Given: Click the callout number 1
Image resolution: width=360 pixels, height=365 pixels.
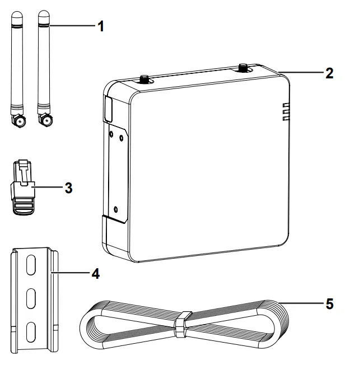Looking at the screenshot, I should tap(101, 26).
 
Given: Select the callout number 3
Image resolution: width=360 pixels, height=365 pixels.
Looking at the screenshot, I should tap(68, 188).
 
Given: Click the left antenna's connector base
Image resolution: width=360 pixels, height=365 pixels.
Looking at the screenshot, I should tap(20, 119).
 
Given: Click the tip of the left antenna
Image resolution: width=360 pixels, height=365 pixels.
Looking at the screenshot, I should tap(16, 15).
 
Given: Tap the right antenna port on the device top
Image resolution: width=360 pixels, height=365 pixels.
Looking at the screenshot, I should tap(244, 68).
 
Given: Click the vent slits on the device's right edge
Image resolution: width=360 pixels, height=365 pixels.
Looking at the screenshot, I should tap(286, 112).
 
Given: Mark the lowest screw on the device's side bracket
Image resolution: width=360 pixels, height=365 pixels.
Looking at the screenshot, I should tap(115, 209).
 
